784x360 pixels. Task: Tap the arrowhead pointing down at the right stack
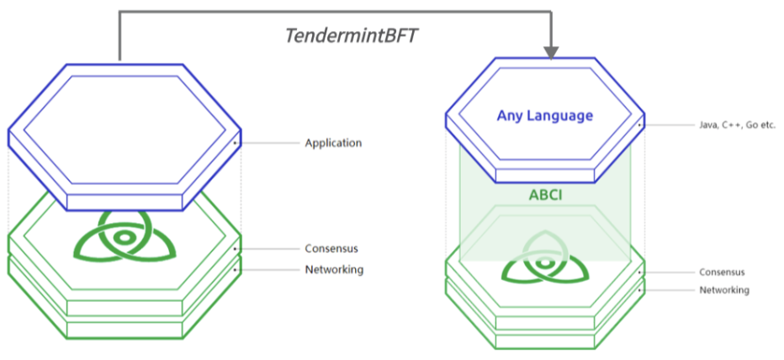click(552, 50)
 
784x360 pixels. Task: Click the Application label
click(333, 143)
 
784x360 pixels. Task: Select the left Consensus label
click(331, 248)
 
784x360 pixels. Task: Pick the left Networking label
click(334, 269)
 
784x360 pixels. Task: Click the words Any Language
click(545, 115)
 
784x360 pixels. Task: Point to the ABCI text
click(544, 195)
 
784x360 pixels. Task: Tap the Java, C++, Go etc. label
click(737, 124)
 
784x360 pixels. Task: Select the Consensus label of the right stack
click(722, 272)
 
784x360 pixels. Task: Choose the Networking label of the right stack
click(724, 289)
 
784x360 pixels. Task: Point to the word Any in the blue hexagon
click(507, 115)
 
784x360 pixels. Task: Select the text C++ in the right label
click(731, 124)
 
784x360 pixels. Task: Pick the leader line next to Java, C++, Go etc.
click(669, 124)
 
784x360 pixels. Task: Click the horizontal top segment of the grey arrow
click(336, 12)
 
